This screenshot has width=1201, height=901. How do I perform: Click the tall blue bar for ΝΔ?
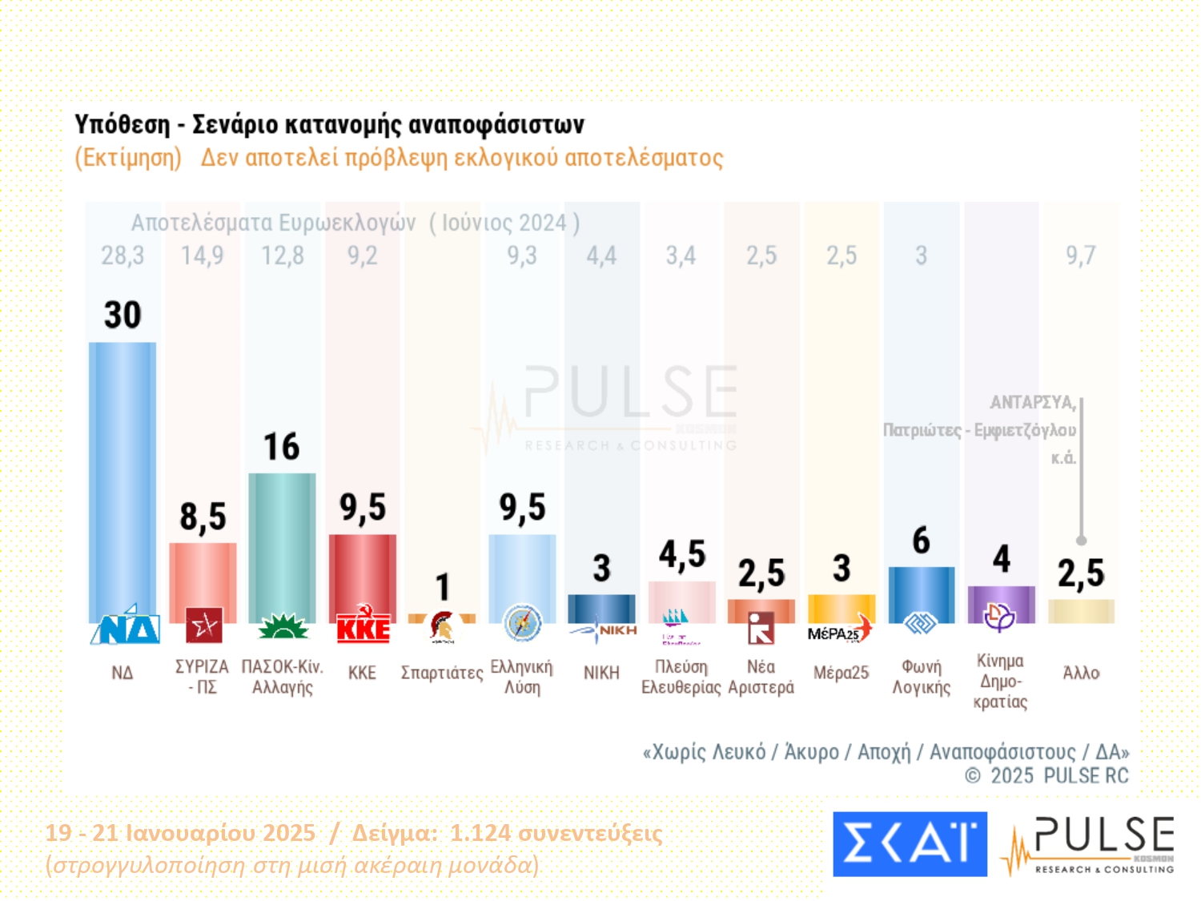(123, 481)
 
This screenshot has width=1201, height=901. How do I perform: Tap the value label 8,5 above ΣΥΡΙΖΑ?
(203, 517)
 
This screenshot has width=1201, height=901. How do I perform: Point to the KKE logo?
(363, 626)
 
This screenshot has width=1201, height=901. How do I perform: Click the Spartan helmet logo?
(442, 627)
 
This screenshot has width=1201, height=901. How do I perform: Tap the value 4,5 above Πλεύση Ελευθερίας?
(682, 554)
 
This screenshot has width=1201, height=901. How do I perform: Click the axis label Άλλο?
(1081, 673)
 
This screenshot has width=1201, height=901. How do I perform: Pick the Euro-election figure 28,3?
(123, 255)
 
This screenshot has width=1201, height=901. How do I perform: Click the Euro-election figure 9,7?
(1080, 255)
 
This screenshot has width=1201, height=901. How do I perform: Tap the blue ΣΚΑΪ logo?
(910, 844)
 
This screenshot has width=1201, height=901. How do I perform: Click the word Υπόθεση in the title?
(122, 125)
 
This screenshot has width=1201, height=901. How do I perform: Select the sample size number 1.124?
(480, 833)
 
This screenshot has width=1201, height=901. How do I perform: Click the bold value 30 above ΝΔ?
(123, 315)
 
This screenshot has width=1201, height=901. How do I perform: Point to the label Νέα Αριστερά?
(761, 677)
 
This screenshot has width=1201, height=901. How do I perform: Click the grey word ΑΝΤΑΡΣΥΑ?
(1032, 402)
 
